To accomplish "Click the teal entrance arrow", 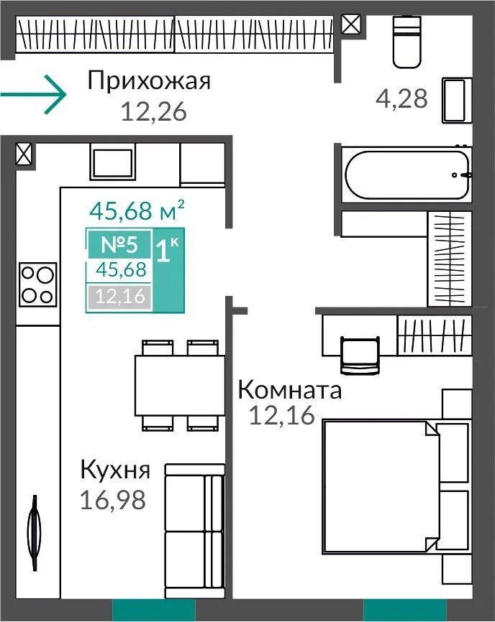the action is pos(33,94).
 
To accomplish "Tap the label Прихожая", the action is pos(149,80).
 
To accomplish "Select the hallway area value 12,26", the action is pos(153,111).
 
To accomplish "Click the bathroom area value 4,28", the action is pos(401,98).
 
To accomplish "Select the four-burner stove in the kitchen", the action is pos(37,284).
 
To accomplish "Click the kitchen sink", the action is pos(113,162).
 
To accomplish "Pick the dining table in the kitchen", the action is pos(180,385).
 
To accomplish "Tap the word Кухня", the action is pos(115,470).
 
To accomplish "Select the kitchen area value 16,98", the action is pos(113,500).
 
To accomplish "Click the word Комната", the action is pos(290,389).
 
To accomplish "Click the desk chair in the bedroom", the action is pos(360,355).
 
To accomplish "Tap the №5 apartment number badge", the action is pos(119,244).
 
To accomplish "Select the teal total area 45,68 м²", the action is pos(137,210).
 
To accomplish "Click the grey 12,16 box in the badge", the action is pos(119,296).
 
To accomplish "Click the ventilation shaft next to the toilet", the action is pos(351,24).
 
